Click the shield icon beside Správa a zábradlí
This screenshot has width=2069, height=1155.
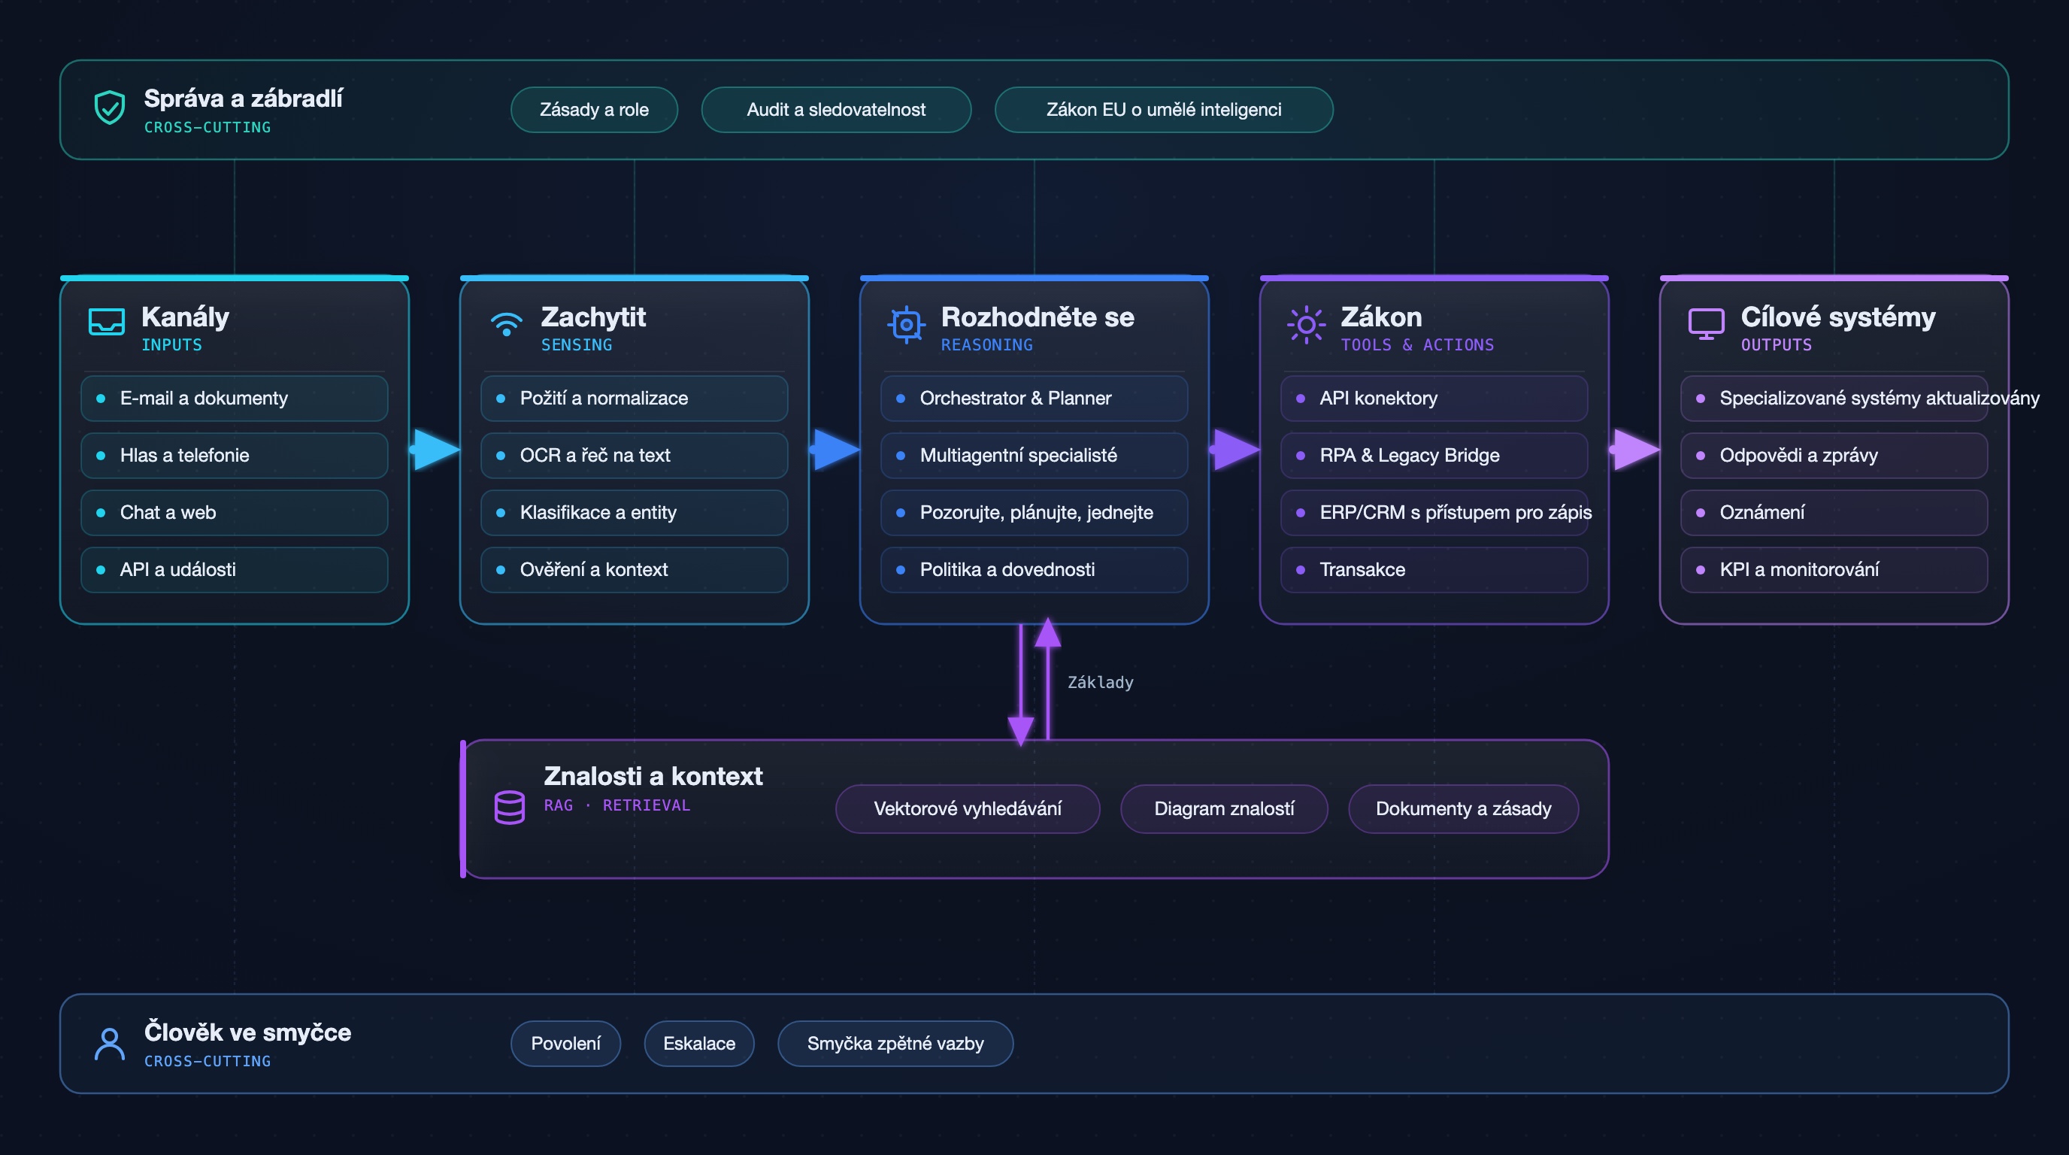point(109,108)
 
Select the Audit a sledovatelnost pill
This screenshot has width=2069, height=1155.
point(836,110)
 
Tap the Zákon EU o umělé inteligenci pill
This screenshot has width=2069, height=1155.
point(1164,110)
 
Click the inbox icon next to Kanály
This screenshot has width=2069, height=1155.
point(106,322)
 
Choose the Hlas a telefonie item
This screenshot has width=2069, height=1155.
point(235,456)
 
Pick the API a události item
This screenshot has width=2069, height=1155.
point(235,569)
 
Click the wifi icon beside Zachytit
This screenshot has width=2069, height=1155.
point(506,323)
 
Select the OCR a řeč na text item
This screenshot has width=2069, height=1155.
point(635,456)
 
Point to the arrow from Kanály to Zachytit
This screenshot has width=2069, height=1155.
point(436,449)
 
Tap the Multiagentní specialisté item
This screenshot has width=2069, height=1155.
point(1034,456)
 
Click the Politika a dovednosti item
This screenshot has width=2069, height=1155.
point(1034,569)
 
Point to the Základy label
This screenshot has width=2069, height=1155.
point(1101,683)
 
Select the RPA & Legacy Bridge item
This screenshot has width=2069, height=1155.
point(1434,456)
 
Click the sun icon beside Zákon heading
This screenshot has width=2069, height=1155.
point(1306,325)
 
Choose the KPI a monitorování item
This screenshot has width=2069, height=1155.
point(1834,569)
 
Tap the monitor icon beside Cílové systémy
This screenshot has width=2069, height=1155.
point(1706,323)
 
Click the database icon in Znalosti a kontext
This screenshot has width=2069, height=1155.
point(509,807)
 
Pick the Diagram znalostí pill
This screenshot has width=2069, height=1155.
point(1224,809)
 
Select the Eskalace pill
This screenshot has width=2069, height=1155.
point(698,1044)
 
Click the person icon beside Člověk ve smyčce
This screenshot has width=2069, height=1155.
point(109,1044)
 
